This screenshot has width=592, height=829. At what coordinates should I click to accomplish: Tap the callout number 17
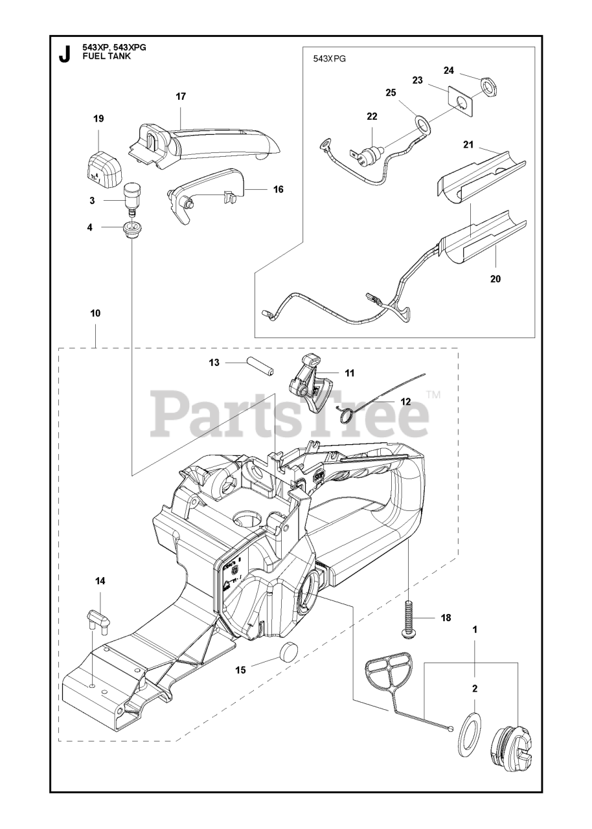181,97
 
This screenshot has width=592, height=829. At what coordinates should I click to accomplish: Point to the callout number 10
95,313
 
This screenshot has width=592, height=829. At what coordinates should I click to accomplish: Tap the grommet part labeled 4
132,229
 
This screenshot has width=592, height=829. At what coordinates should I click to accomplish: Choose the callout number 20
495,279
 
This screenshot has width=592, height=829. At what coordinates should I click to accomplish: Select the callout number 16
279,190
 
